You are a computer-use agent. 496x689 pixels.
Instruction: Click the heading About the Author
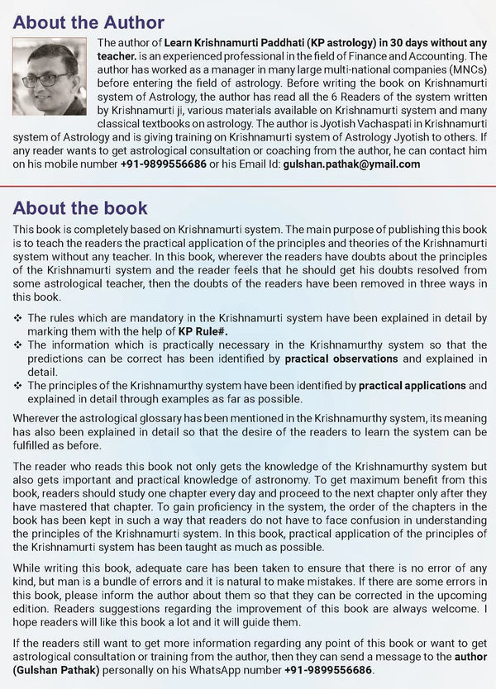click(x=89, y=22)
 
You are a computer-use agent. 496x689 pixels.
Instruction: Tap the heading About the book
click(x=80, y=207)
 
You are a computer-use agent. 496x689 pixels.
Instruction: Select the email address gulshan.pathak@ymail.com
click(x=351, y=164)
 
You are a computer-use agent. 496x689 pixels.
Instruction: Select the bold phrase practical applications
click(x=413, y=385)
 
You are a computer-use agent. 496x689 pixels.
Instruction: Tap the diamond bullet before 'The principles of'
click(x=18, y=385)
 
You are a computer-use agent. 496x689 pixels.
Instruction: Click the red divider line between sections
click(x=248, y=185)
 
